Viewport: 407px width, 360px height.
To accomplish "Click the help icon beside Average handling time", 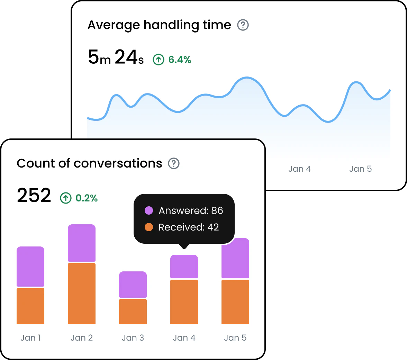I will pyautogui.click(x=243, y=25).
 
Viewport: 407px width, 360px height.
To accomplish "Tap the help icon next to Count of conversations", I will pyautogui.click(x=174, y=163).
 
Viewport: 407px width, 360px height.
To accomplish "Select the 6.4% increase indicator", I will pyautogui.click(x=172, y=60).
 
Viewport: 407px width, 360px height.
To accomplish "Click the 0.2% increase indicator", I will pyautogui.click(x=79, y=198).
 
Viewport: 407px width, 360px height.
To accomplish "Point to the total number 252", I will pyautogui.click(x=34, y=196).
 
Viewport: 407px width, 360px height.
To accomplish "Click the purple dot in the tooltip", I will pyautogui.click(x=149, y=210).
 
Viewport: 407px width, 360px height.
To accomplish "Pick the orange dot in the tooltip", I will pyautogui.click(x=149, y=227).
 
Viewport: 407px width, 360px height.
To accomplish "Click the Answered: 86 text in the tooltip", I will pyautogui.click(x=191, y=210).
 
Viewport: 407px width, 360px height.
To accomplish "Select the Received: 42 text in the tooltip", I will pyautogui.click(x=189, y=227).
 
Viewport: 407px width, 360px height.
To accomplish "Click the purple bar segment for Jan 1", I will pyautogui.click(x=30, y=267).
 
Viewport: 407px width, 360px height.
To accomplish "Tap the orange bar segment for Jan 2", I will pyautogui.click(x=82, y=294).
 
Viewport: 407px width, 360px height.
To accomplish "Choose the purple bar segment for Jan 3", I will pyautogui.click(x=133, y=285).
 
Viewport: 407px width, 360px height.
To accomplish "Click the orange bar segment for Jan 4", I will pyautogui.click(x=184, y=302).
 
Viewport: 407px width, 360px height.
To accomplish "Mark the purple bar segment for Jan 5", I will pyautogui.click(x=235, y=258).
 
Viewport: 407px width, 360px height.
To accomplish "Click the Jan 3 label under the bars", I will pyautogui.click(x=133, y=338).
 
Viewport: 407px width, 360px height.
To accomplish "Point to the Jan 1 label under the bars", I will pyautogui.click(x=30, y=338).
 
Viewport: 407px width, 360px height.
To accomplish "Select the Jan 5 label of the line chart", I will pyautogui.click(x=360, y=169).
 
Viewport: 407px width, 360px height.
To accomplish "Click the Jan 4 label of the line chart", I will pyautogui.click(x=300, y=169).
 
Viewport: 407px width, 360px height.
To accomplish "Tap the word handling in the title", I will pyautogui.click(x=177, y=25).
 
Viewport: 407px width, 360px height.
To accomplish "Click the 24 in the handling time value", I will pyautogui.click(x=126, y=57).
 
